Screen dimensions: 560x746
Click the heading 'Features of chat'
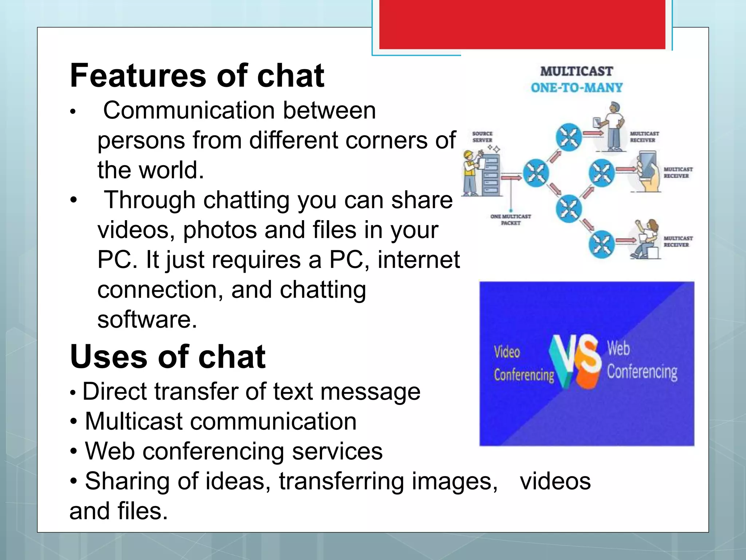[x=197, y=75]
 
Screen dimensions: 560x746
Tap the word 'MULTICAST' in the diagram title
[x=576, y=71]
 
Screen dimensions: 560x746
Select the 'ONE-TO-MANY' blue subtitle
[x=576, y=87]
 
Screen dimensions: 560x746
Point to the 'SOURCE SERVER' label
[x=482, y=137]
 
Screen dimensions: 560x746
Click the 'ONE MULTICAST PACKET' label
[x=510, y=219]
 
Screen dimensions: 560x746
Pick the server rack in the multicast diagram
[x=491, y=175]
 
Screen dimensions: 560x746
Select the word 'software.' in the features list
[x=147, y=319]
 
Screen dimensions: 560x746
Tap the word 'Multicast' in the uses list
[x=133, y=421]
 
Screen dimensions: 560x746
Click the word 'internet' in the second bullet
[x=419, y=260]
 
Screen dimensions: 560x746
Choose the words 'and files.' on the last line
[x=119, y=511]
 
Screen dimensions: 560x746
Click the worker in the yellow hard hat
[x=470, y=172]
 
